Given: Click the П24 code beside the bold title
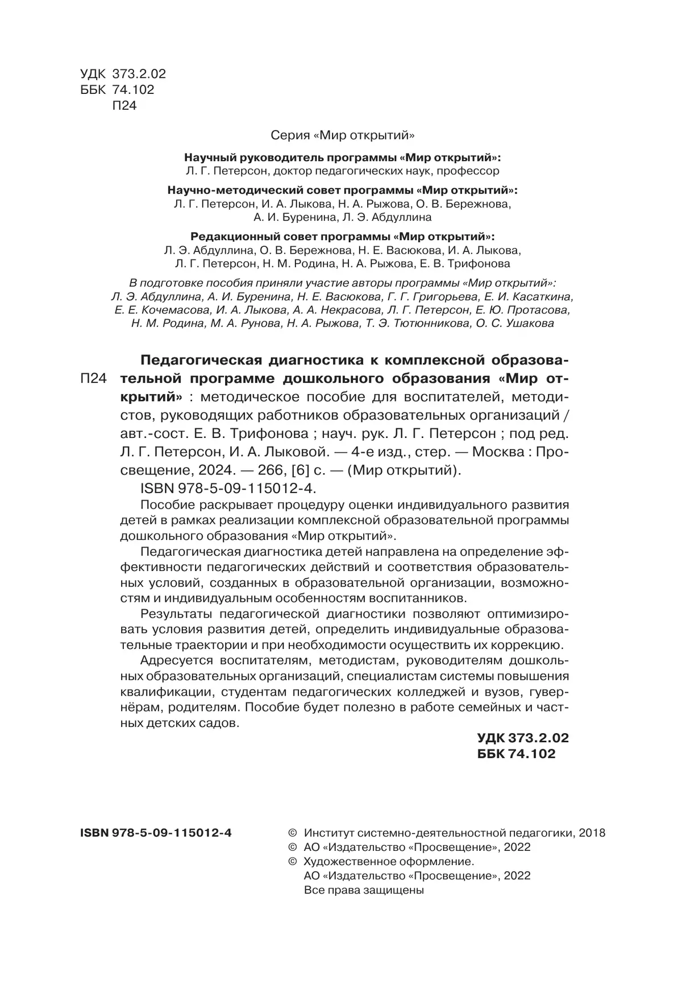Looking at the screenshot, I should coord(93,379).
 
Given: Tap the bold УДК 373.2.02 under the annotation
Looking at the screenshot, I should coord(522,738).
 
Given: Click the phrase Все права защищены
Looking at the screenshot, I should coord(364,890).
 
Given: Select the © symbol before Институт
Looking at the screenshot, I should coord(293,833).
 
